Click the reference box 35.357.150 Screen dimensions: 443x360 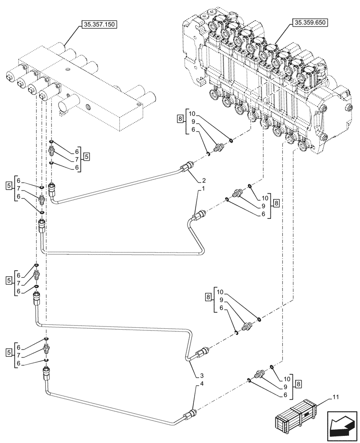click(x=98, y=25)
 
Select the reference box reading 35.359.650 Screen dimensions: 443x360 click(x=309, y=22)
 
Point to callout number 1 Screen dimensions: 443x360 click(x=203, y=190)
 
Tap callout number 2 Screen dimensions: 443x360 click(x=203, y=181)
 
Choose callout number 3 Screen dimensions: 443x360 click(x=203, y=376)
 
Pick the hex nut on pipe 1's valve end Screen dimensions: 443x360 click(x=199, y=216)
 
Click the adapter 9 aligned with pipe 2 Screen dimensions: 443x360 click(x=219, y=148)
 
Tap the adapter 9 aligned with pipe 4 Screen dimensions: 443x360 click(x=260, y=374)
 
